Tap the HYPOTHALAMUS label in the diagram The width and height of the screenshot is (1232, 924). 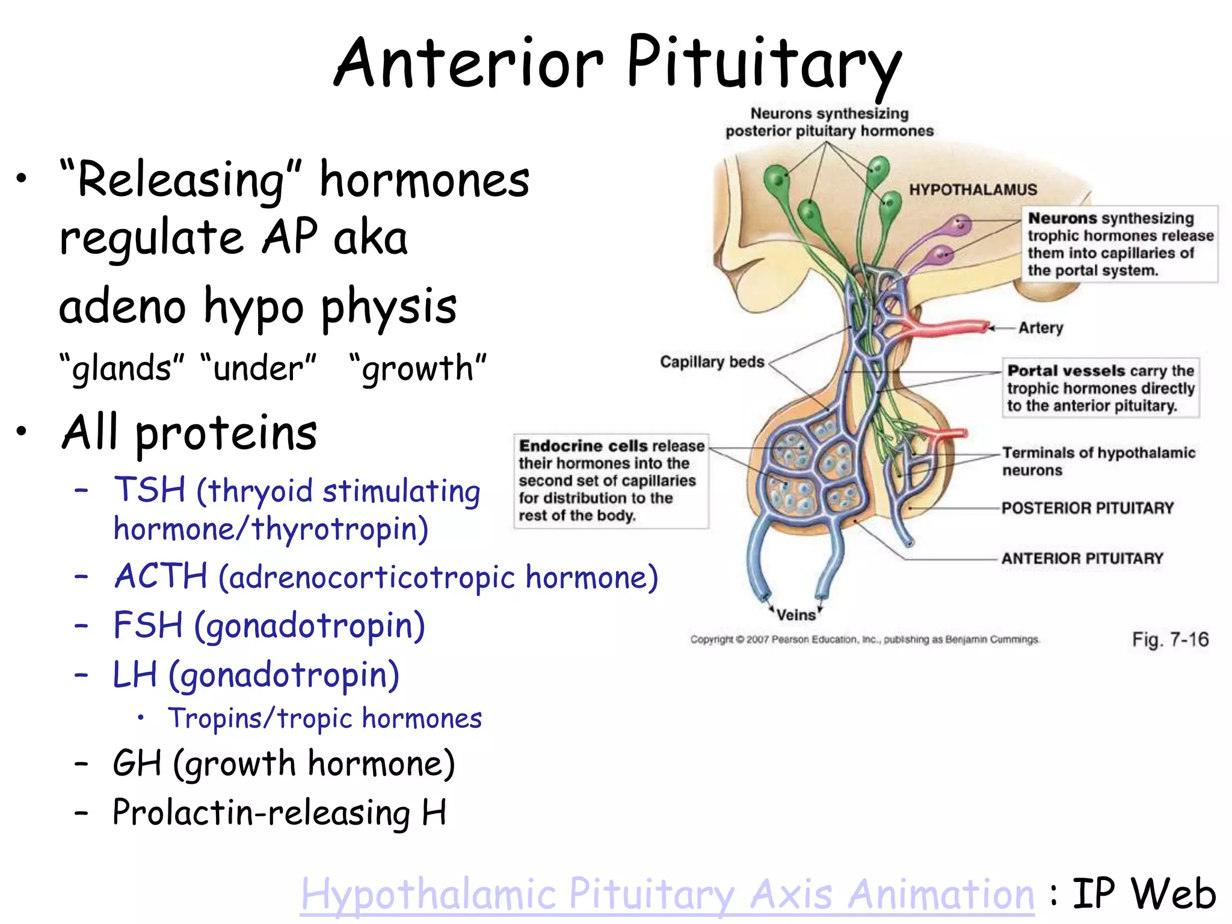pyautogui.click(x=973, y=189)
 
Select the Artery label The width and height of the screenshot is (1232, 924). pyautogui.click(x=1041, y=328)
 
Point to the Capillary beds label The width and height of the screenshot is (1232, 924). pyautogui.click(x=712, y=362)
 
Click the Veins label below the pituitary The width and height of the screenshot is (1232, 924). pyautogui.click(x=795, y=615)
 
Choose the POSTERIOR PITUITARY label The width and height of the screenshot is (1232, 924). pyautogui.click(x=1088, y=508)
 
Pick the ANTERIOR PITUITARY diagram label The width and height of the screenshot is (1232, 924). pyautogui.click(x=1082, y=558)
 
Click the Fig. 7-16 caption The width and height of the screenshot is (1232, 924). pyautogui.click(x=1170, y=639)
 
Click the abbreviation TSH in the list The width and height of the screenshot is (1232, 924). pyautogui.click(x=150, y=490)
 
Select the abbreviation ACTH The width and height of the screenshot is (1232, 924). pyautogui.click(x=161, y=576)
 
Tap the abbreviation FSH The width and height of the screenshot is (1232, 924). pyautogui.click(x=148, y=625)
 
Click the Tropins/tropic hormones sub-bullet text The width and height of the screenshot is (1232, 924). pyautogui.click(x=325, y=718)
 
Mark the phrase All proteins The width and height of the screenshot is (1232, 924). pyautogui.click(x=189, y=433)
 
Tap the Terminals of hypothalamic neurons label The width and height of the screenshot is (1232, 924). pyautogui.click(x=1098, y=461)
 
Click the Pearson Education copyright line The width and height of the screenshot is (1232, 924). pyautogui.click(x=864, y=639)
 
